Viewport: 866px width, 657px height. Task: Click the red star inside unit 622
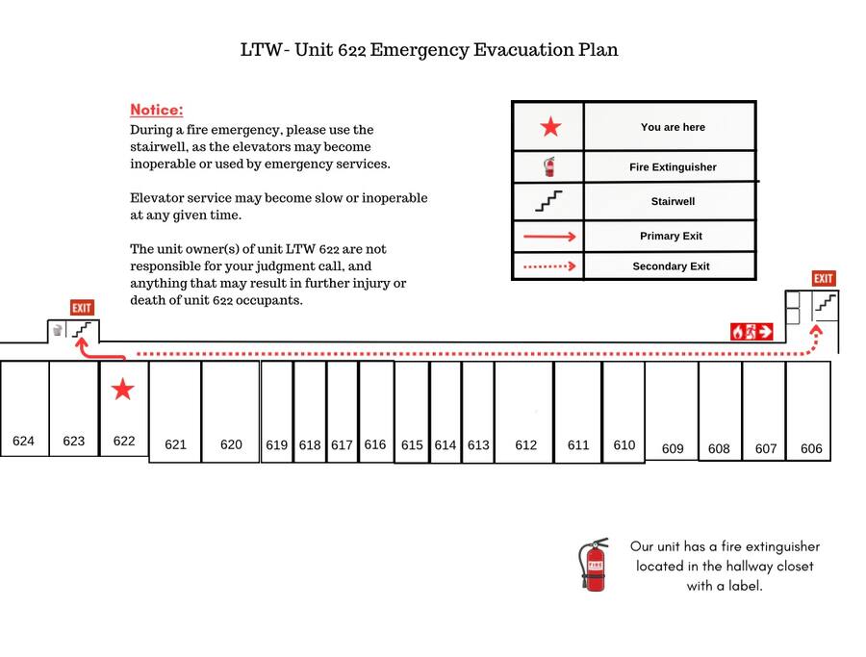pyautogui.click(x=122, y=389)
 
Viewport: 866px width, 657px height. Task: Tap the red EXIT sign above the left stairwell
pyautogui.click(x=82, y=308)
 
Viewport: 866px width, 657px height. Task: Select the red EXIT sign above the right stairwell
pyautogui.click(x=823, y=279)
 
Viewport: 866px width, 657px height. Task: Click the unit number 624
pyautogui.click(x=23, y=441)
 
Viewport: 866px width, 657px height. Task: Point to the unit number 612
pyautogui.click(x=525, y=444)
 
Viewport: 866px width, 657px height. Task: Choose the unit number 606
pyautogui.click(x=811, y=448)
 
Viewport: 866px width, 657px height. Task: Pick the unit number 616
pyautogui.click(x=375, y=444)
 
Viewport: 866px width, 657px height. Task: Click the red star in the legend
pyautogui.click(x=549, y=127)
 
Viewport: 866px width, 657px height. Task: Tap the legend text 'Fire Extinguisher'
pyautogui.click(x=673, y=167)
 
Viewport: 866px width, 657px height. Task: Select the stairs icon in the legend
pyautogui.click(x=548, y=201)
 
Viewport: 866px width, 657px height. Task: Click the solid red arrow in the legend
pyautogui.click(x=548, y=236)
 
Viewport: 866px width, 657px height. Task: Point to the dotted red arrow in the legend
pyautogui.click(x=548, y=266)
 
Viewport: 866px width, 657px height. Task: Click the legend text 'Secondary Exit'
pyautogui.click(x=671, y=266)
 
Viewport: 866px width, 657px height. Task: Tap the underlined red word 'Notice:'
pyautogui.click(x=156, y=110)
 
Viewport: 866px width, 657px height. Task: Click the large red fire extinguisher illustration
pyautogui.click(x=594, y=565)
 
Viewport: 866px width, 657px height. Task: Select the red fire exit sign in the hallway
pyautogui.click(x=751, y=332)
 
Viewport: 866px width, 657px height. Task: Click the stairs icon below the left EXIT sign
pyautogui.click(x=84, y=330)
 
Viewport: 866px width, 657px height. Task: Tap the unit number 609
pyautogui.click(x=673, y=448)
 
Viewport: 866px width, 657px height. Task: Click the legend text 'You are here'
pyautogui.click(x=673, y=127)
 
